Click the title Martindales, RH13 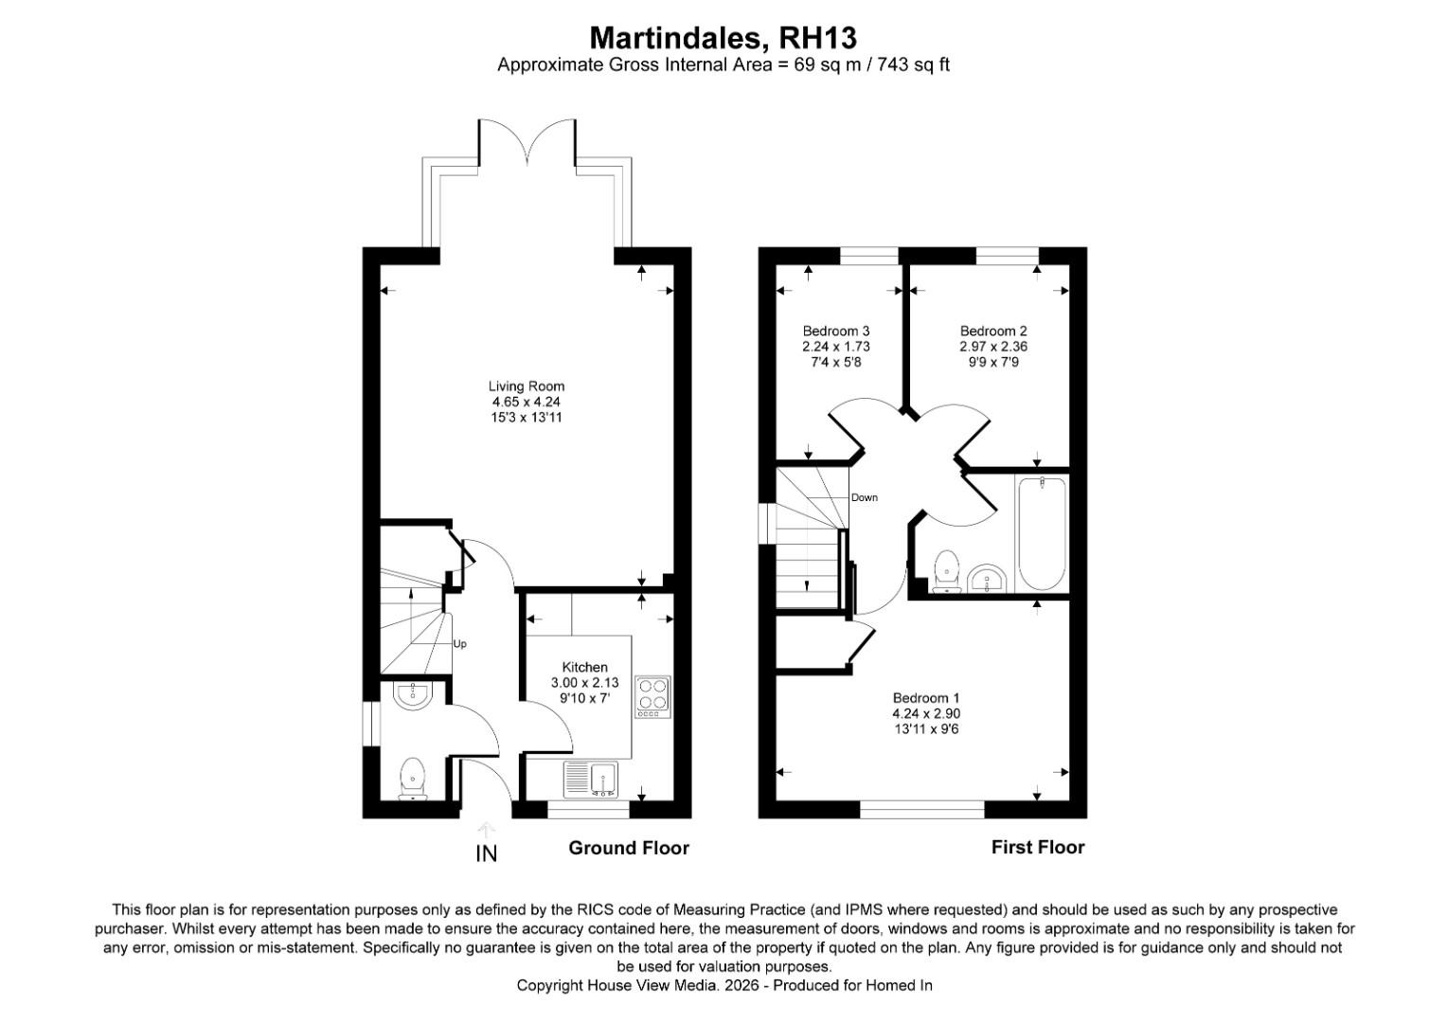pyautogui.click(x=723, y=38)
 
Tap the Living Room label pyautogui.click(x=526, y=386)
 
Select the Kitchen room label pyautogui.click(x=584, y=667)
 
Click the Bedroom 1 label pyautogui.click(x=926, y=698)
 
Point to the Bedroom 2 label pyautogui.click(x=992, y=331)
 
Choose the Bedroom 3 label pyautogui.click(x=836, y=331)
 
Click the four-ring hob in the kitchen pyautogui.click(x=652, y=696)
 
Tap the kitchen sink pyautogui.click(x=590, y=779)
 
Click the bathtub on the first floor pyautogui.click(x=1042, y=533)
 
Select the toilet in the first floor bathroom pyautogui.click(x=946, y=571)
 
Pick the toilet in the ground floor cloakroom pyautogui.click(x=412, y=778)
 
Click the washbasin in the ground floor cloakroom pyautogui.click(x=412, y=694)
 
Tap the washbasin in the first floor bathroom pyautogui.click(x=987, y=578)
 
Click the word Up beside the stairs pyautogui.click(x=459, y=644)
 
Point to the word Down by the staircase pyautogui.click(x=865, y=497)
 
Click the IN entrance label pyautogui.click(x=487, y=853)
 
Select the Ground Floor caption pyautogui.click(x=629, y=848)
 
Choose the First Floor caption pyautogui.click(x=1038, y=847)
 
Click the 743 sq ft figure pyautogui.click(x=913, y=64)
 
